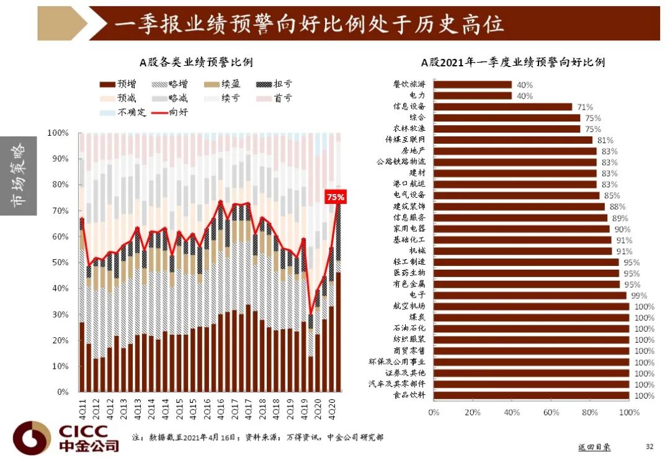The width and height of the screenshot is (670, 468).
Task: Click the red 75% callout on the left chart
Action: point(336,197)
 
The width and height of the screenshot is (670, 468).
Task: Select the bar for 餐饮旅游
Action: point(472,85)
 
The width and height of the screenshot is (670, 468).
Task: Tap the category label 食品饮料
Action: point(409,395)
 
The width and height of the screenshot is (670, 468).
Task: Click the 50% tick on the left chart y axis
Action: point(60,263)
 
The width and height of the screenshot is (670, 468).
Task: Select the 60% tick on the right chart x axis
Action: point(551,413)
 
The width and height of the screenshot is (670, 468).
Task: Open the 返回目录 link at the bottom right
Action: point(594,447)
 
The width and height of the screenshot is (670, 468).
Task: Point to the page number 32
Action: point(650,446)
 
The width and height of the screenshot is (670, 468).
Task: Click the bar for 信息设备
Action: point(502,107)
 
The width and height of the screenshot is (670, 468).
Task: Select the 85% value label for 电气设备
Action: point(612,195)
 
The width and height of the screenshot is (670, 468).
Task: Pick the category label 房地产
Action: point(413,151)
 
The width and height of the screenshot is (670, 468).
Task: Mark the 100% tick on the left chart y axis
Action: point(58,133)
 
